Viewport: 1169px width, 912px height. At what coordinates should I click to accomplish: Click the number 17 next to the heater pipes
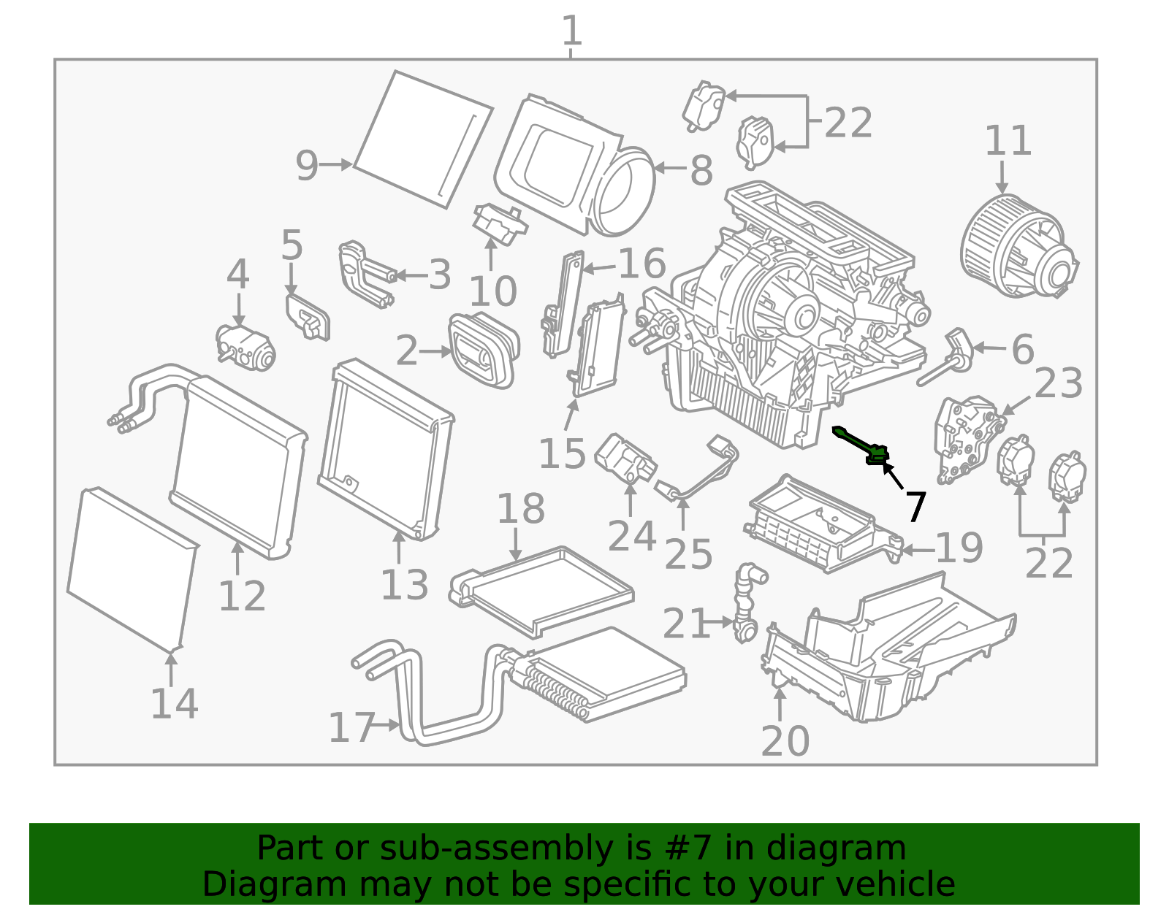tap(351, 727)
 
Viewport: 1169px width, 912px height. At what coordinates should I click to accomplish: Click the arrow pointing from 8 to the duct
tap(669, 169)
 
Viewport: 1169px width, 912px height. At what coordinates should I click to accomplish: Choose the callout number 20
tap(785, 741)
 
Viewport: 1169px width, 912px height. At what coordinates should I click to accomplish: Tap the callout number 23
tap(1059, 383)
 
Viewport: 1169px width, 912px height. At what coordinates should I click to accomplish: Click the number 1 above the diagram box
tap(571, 31)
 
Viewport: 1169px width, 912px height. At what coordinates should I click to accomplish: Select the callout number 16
tap(641, 263)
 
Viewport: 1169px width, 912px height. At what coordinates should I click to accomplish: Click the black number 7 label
tap(916, 505)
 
